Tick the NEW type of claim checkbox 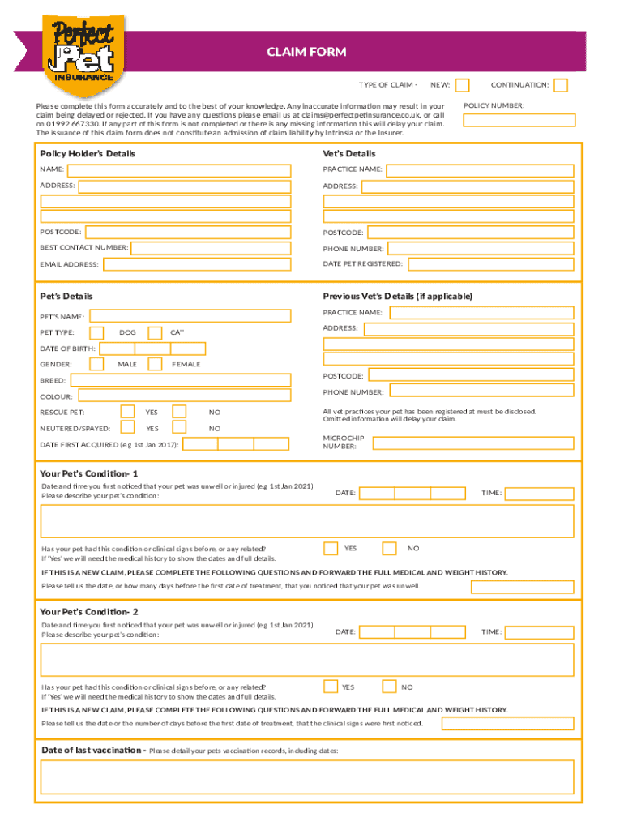(x=462, y=85)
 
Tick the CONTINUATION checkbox (x=560, y=85)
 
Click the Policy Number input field (x=519, y=120)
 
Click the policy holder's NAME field (x=178, y=170)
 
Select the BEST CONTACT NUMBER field (x=211, y=247)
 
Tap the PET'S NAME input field (x=190, y=316)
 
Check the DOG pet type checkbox (x=96, y=332)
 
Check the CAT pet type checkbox (x=148, y=332)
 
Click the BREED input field (x=180, y=380)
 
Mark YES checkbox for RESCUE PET (x=127, y=412)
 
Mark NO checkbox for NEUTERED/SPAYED (x=179, y=427)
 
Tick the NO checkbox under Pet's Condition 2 (x=389, y=687)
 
